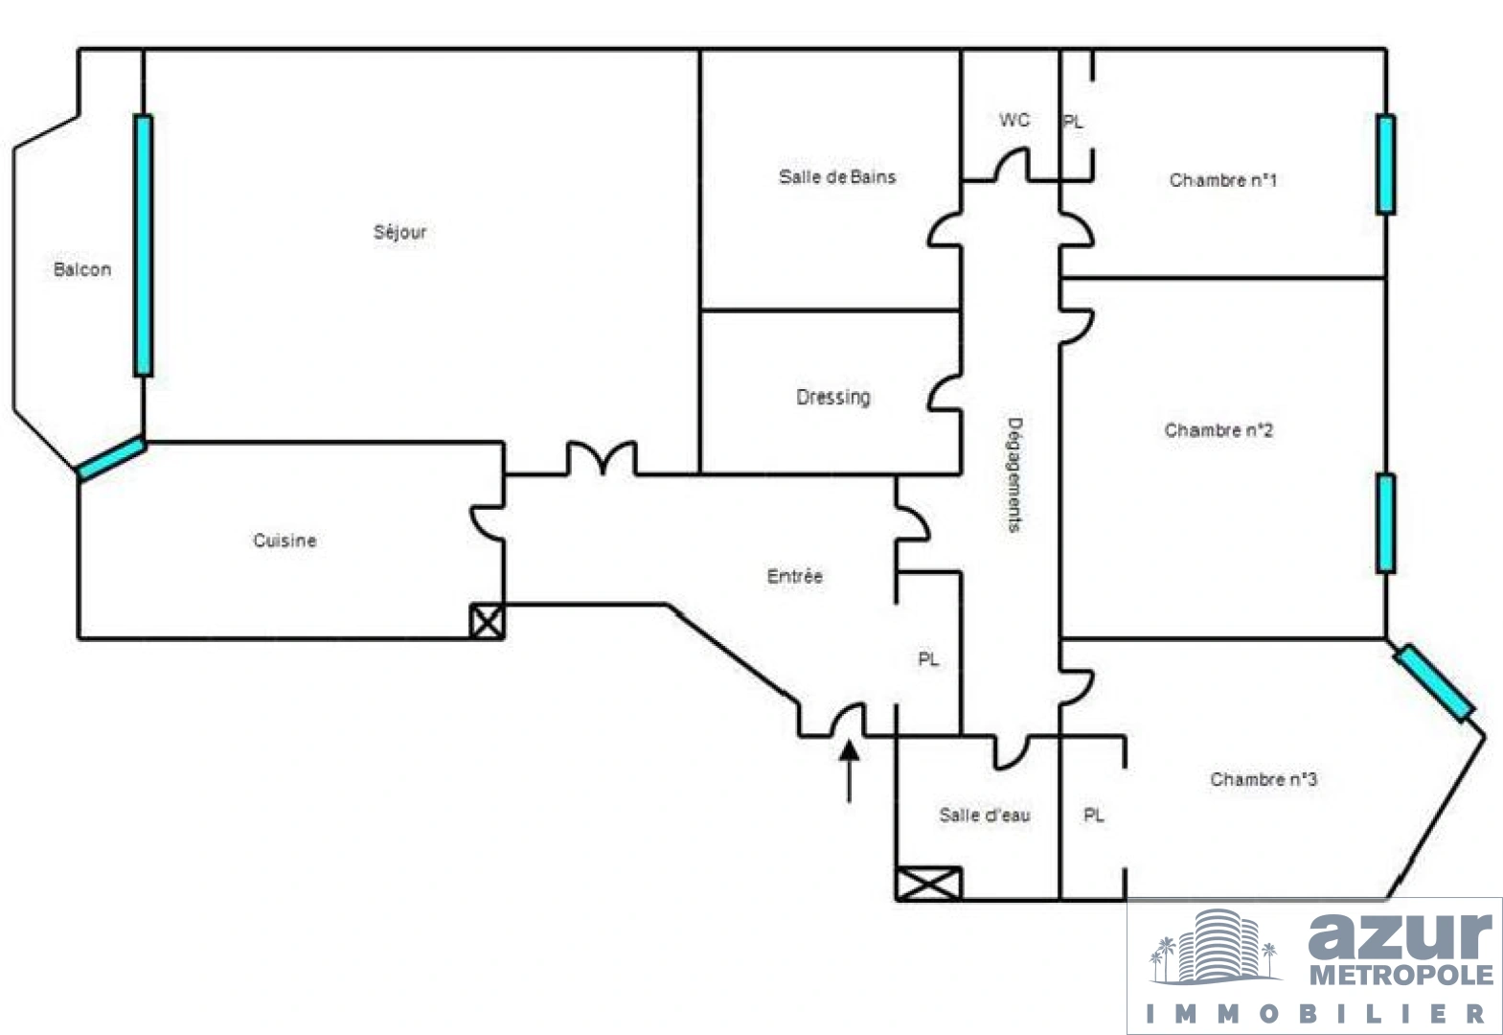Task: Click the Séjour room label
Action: point(399,232)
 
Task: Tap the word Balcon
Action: point(81,269)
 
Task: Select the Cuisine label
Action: point(285,540)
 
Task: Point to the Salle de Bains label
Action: point(836,176)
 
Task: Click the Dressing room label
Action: point(832,398)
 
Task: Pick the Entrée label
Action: point(794,576)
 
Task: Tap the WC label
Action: point(1013,120)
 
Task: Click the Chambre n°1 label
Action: point(1222,180)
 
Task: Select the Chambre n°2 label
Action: point(1218,429)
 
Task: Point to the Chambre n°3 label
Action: point(1264,778)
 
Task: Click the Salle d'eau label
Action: point(985,815)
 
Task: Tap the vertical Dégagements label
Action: point(1014,475)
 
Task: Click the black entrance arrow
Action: point(850,771)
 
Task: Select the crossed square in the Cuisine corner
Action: point(488,621)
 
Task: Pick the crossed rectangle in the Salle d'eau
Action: point(928,884)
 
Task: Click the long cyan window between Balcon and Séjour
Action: point(143,245)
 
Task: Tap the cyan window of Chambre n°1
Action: point(1385,165)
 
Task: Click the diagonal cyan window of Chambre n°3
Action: point(1433,683)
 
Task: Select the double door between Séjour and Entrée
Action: point(602,457)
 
